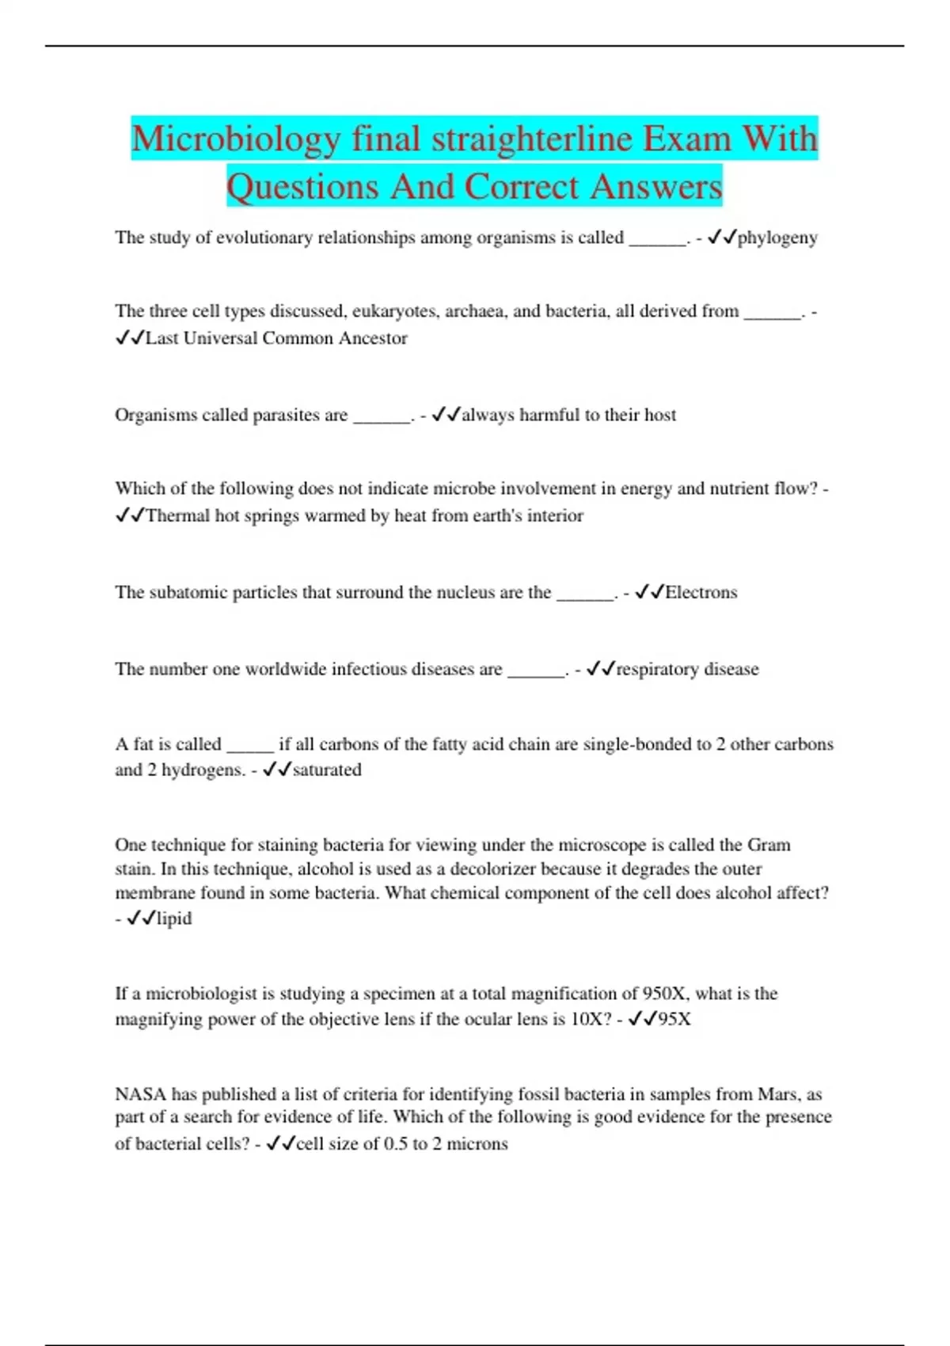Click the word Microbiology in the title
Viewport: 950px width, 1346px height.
click(x=236, y=139)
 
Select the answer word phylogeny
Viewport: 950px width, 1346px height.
click(x=777, y=238)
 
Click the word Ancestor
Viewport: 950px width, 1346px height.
click(x=373, y=338)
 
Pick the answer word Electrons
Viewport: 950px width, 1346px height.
click(x=701, y=592)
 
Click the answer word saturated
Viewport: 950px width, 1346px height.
click(x=327, y=770)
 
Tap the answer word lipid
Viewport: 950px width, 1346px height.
click(x=174, y=918)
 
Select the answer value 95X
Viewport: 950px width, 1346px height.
click(x=674, y=1019)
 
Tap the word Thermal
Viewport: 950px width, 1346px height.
click(x=177, y=515)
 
